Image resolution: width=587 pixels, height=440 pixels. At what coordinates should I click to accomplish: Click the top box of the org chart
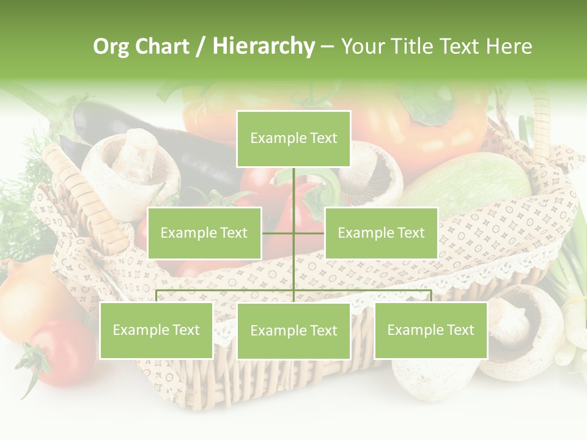click(293, 139)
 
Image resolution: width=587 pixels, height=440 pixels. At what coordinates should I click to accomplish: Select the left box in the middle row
click(204, 233)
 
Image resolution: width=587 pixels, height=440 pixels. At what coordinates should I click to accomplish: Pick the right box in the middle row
click(381, 233)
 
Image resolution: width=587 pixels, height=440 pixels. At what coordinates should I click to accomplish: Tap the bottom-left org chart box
click(157, 331)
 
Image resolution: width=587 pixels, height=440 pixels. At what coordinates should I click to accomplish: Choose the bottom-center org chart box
click(293, 331)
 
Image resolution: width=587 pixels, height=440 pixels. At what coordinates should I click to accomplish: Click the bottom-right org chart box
click(430, 331)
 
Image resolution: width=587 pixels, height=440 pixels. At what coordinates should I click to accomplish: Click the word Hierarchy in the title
click(263, 46)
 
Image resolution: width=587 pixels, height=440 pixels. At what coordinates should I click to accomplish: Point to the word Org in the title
click(110, 46)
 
